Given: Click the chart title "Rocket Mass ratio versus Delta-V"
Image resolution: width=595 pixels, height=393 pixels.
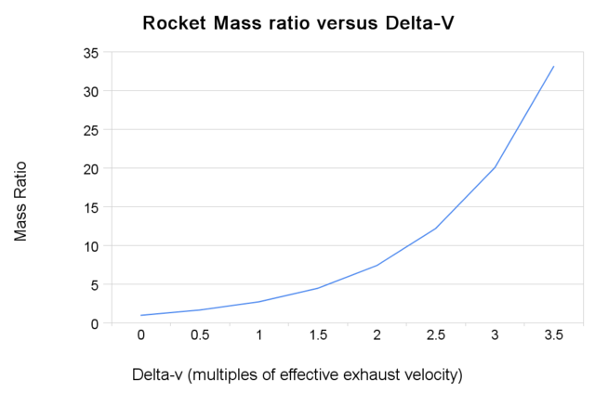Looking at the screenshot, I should (297, 22).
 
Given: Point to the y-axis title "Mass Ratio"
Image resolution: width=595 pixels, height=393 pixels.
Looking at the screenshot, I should (20, 201).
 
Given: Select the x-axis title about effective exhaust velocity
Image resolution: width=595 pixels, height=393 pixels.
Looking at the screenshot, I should (297, 374).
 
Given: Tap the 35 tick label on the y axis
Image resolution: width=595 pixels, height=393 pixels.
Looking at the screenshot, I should (90, 53).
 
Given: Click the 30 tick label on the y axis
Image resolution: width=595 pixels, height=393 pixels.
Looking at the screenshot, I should (90, 92).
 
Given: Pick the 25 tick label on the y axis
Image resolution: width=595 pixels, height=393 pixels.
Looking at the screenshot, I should (90, 130).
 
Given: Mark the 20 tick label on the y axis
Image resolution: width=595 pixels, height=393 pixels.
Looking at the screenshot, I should (90, 169).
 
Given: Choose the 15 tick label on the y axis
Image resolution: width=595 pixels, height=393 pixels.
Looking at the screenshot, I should (90, 208).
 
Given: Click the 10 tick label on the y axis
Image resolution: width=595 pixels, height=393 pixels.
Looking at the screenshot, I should (90, 246).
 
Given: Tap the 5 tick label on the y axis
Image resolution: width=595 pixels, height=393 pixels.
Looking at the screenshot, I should (94, 285).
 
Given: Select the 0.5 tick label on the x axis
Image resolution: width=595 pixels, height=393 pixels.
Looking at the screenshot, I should (200, 335).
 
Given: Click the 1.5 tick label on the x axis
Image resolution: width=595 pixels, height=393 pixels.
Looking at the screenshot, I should (318, 335).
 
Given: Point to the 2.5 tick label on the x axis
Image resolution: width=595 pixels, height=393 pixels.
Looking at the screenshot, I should (435, 335).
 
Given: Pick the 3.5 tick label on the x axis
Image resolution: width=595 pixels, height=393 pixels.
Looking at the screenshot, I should (553, 335).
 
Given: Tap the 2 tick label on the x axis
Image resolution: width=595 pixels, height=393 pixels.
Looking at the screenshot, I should (377, 335).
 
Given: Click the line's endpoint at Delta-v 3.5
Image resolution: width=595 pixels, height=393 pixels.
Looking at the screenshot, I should (554, 66).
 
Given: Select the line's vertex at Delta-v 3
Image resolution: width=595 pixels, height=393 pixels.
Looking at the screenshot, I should (495, 168).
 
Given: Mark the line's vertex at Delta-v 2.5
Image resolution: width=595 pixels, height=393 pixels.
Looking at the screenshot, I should (436, 229).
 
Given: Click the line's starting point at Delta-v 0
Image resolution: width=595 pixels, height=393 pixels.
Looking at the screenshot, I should (141, 316).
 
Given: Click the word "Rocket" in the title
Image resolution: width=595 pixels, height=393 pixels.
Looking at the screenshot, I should (174, 22).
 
